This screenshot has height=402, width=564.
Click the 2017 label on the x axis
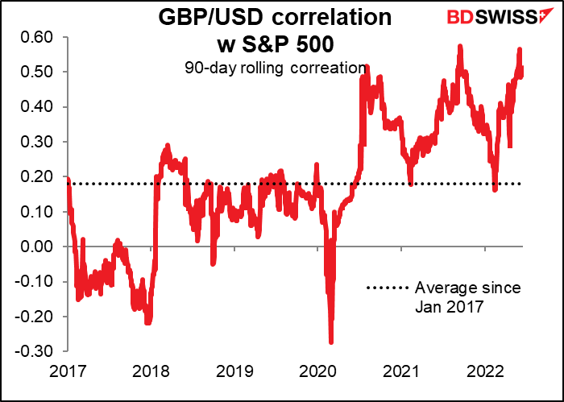click(x=67, y=372)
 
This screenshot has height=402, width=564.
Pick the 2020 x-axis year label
click(x=317, y=372)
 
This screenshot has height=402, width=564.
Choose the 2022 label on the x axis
click(x=485, y=372)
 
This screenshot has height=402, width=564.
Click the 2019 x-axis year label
click(x=234, y=372)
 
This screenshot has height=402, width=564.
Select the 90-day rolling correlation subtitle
click(x=276, y=68)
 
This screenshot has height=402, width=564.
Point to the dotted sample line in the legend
click(x=388, y=288)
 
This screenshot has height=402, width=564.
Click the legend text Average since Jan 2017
click(x=467, y=297)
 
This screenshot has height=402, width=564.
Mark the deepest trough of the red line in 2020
click(x=331, y=342)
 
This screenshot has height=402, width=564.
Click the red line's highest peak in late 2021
click(x=460, y=46)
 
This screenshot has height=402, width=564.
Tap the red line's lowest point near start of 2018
click(x=147, y=323)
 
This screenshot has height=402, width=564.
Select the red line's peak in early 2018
click(x=168, y=146)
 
